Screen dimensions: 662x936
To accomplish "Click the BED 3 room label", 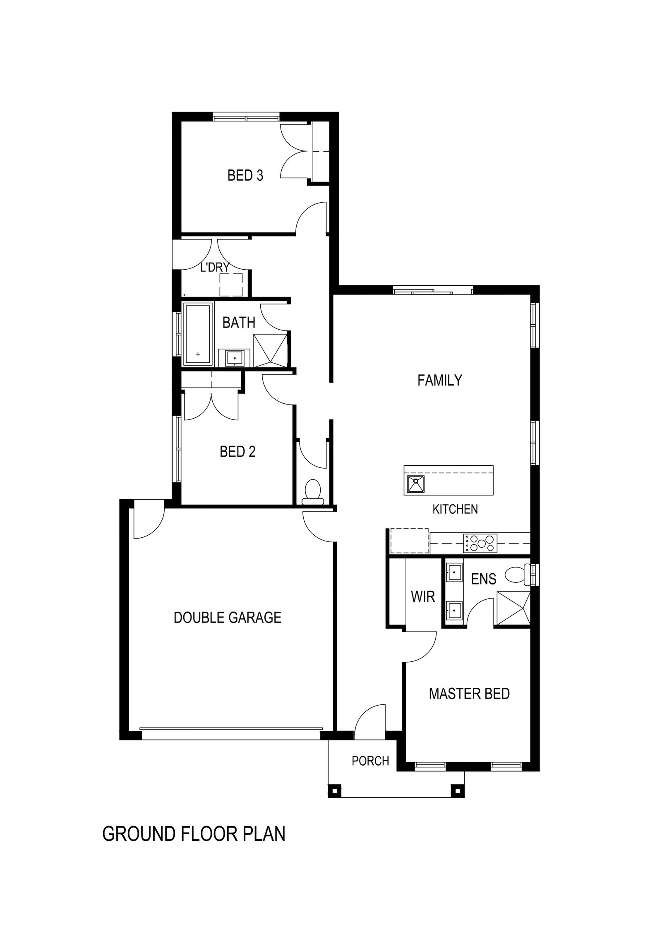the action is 245,175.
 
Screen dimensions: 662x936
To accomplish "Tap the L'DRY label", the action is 214,267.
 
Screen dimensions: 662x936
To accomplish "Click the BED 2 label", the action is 237,451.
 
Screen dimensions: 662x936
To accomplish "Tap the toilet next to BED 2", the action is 313,493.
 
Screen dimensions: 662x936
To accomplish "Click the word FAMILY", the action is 439,380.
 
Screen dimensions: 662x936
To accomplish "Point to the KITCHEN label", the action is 455,509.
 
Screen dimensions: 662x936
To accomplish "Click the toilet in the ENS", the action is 518,575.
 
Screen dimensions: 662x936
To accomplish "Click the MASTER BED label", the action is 469,694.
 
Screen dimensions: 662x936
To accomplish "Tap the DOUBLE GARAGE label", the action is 228,618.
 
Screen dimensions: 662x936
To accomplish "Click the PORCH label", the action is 370,761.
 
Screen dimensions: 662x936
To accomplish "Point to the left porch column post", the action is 334,791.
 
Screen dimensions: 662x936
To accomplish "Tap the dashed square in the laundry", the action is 231,285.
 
